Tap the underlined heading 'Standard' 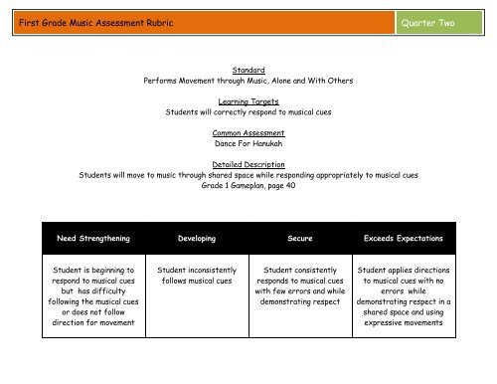[x=248, y=70]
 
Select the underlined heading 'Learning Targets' [x=248, y=100]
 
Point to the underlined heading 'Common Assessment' [x=248, y=132]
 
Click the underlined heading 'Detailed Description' [x=248, y=163]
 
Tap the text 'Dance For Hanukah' [x=248, y=142]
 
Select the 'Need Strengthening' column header [x=91, y=239]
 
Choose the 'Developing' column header [x=196, y=239]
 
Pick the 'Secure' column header [x=300, y=239]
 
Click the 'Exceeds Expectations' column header [x=404, y=239]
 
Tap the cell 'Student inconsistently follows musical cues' [x=196, y=277]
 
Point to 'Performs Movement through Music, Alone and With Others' [x=248, y=80]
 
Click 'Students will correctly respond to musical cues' [x=248, y=111]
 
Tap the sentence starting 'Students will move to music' [x=248, y=174]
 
